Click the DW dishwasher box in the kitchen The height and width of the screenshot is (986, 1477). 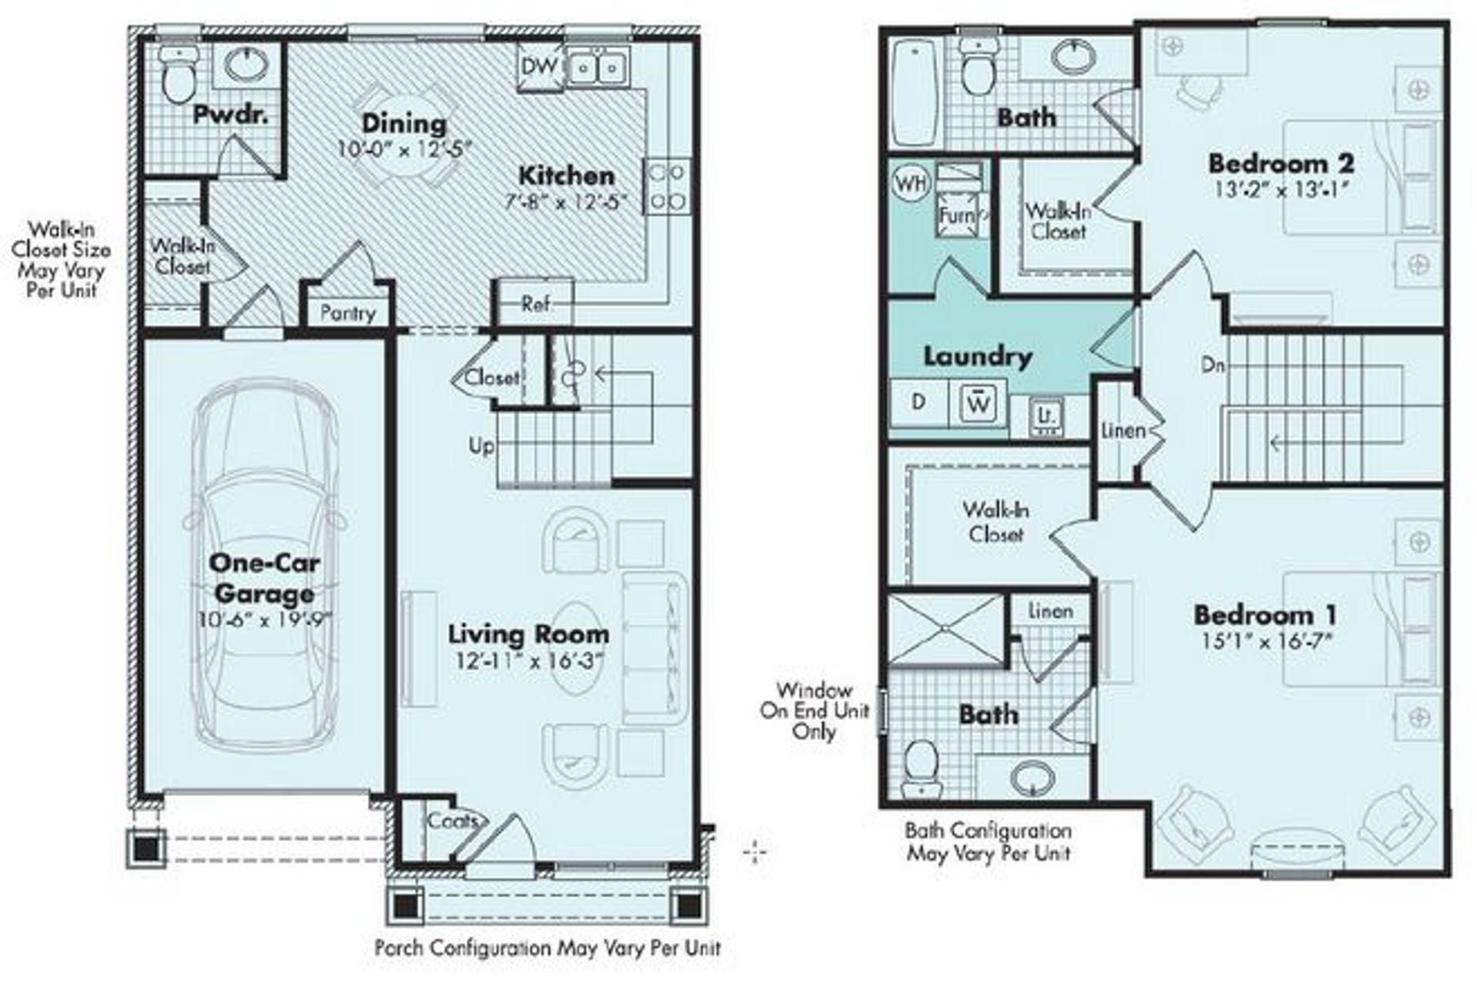click(539, 66)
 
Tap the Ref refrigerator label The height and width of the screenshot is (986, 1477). click(535, 304)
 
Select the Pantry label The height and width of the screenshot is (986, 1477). click(348, 313)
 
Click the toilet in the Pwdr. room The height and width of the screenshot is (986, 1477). click(179, 75)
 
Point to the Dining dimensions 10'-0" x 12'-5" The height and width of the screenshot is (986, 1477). click(405, 149)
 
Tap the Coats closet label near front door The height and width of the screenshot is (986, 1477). click(452, 821)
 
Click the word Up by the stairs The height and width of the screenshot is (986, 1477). click(482, 446)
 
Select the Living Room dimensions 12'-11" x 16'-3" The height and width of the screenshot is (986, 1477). click(528, 660)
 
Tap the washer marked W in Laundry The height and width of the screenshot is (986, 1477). click(978, 403)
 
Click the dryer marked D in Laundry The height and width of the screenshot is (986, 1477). click(919, 403)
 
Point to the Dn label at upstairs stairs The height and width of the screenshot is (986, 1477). click(1212, 366)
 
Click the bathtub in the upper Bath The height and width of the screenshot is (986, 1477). click(914, 92)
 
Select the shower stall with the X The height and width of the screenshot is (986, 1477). click(946, 630)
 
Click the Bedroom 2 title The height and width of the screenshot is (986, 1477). click(1281, 163)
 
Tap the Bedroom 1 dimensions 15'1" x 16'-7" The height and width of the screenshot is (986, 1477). click(1265, 641)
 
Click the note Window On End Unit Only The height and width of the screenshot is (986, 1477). click(815, 710)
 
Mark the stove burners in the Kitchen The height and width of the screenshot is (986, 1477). click(667, 187)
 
